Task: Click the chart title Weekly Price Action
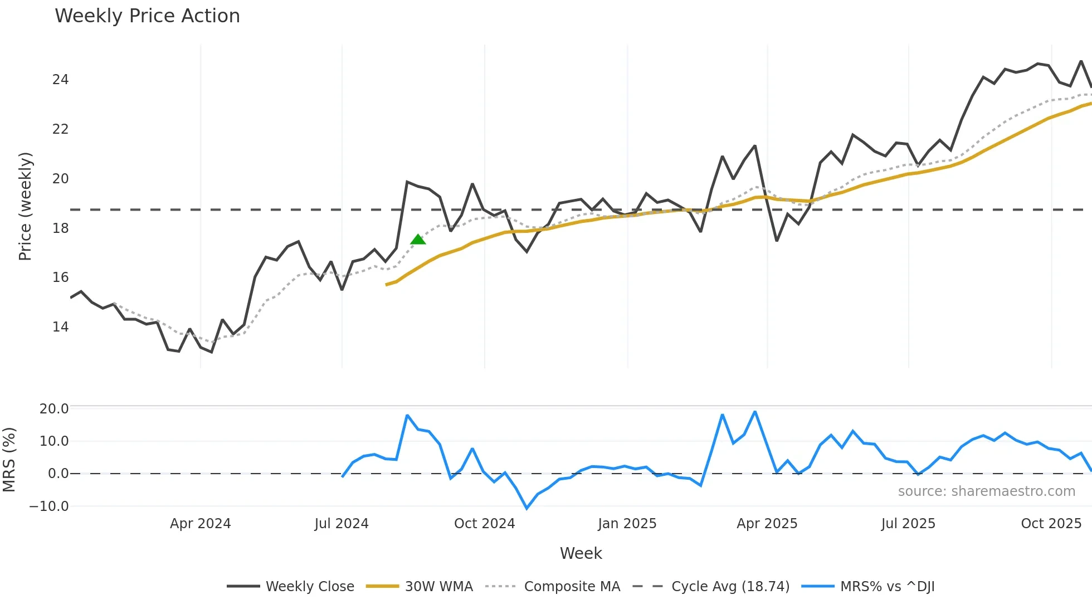(x=147, y=16)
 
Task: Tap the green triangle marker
(x=418, y=240)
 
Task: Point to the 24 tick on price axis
(x=60, y=80)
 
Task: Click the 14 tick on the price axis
(x=60, y=327)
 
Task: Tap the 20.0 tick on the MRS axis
(x=54, y=409)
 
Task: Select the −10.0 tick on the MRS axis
(x=49, y=506)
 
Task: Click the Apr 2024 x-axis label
(x=200, y=524)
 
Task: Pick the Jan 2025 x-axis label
(x=627, y=524)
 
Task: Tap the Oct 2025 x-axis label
(x=1051, y=524)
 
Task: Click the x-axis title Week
(x=581, y=553)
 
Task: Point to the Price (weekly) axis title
(x=25, y=206)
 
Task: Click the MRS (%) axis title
(x=9, y=460)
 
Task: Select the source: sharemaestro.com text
(x=986, y=491)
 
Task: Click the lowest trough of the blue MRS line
(x=526, y=508)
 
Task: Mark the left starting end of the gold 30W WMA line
(x=386, y=285)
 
